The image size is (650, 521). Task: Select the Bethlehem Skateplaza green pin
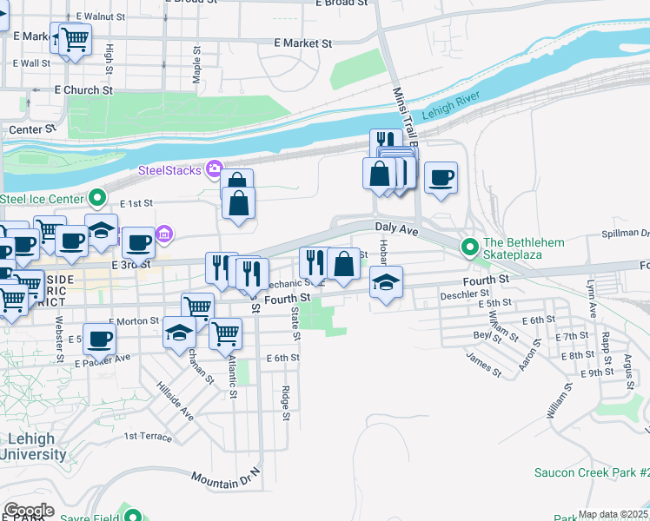[x=470, y=247]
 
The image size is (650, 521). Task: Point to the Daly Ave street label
[x=397, y=228]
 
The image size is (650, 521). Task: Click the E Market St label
[x=302, y=43]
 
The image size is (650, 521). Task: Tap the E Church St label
[x=83, y=89]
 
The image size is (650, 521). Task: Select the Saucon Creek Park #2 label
[x=591, y=473]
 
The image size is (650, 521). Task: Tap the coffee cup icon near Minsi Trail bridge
[x=441, y=177]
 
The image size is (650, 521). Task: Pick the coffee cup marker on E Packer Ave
[x=100, y=340]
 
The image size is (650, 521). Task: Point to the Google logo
[x=29, y=510]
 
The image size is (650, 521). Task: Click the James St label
[x=484, y=365]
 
